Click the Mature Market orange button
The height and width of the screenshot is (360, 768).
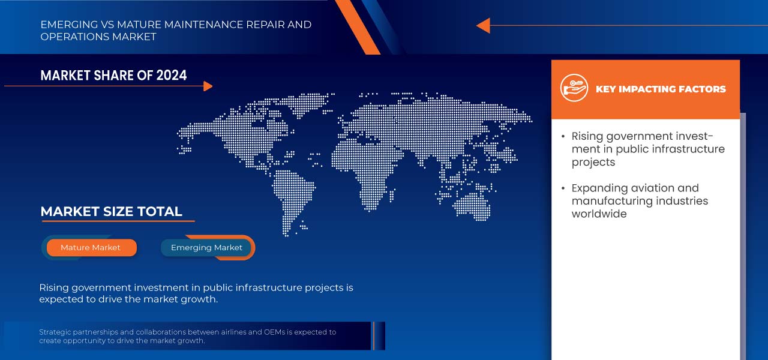(x=92, y=248)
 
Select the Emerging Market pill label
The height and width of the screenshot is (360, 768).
(x=206, y=248)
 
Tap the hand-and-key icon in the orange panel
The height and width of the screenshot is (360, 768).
(x=574, y=88)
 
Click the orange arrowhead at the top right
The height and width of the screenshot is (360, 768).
(x=483, y=25)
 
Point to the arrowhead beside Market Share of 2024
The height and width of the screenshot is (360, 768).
(x=208, y=86)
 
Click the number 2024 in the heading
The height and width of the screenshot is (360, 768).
(x=172, y=76)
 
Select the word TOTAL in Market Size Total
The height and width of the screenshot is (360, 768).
(x=160, y=212)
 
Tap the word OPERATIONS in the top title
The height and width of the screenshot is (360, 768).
(x=75, y=37)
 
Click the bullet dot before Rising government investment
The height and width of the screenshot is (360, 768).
(x=563, y=136)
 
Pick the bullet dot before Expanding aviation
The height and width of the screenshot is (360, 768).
(x=563, y=188)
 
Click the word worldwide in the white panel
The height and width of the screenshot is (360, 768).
(x=599, y=214)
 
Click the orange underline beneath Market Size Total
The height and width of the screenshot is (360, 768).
(x=118, y=221)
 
